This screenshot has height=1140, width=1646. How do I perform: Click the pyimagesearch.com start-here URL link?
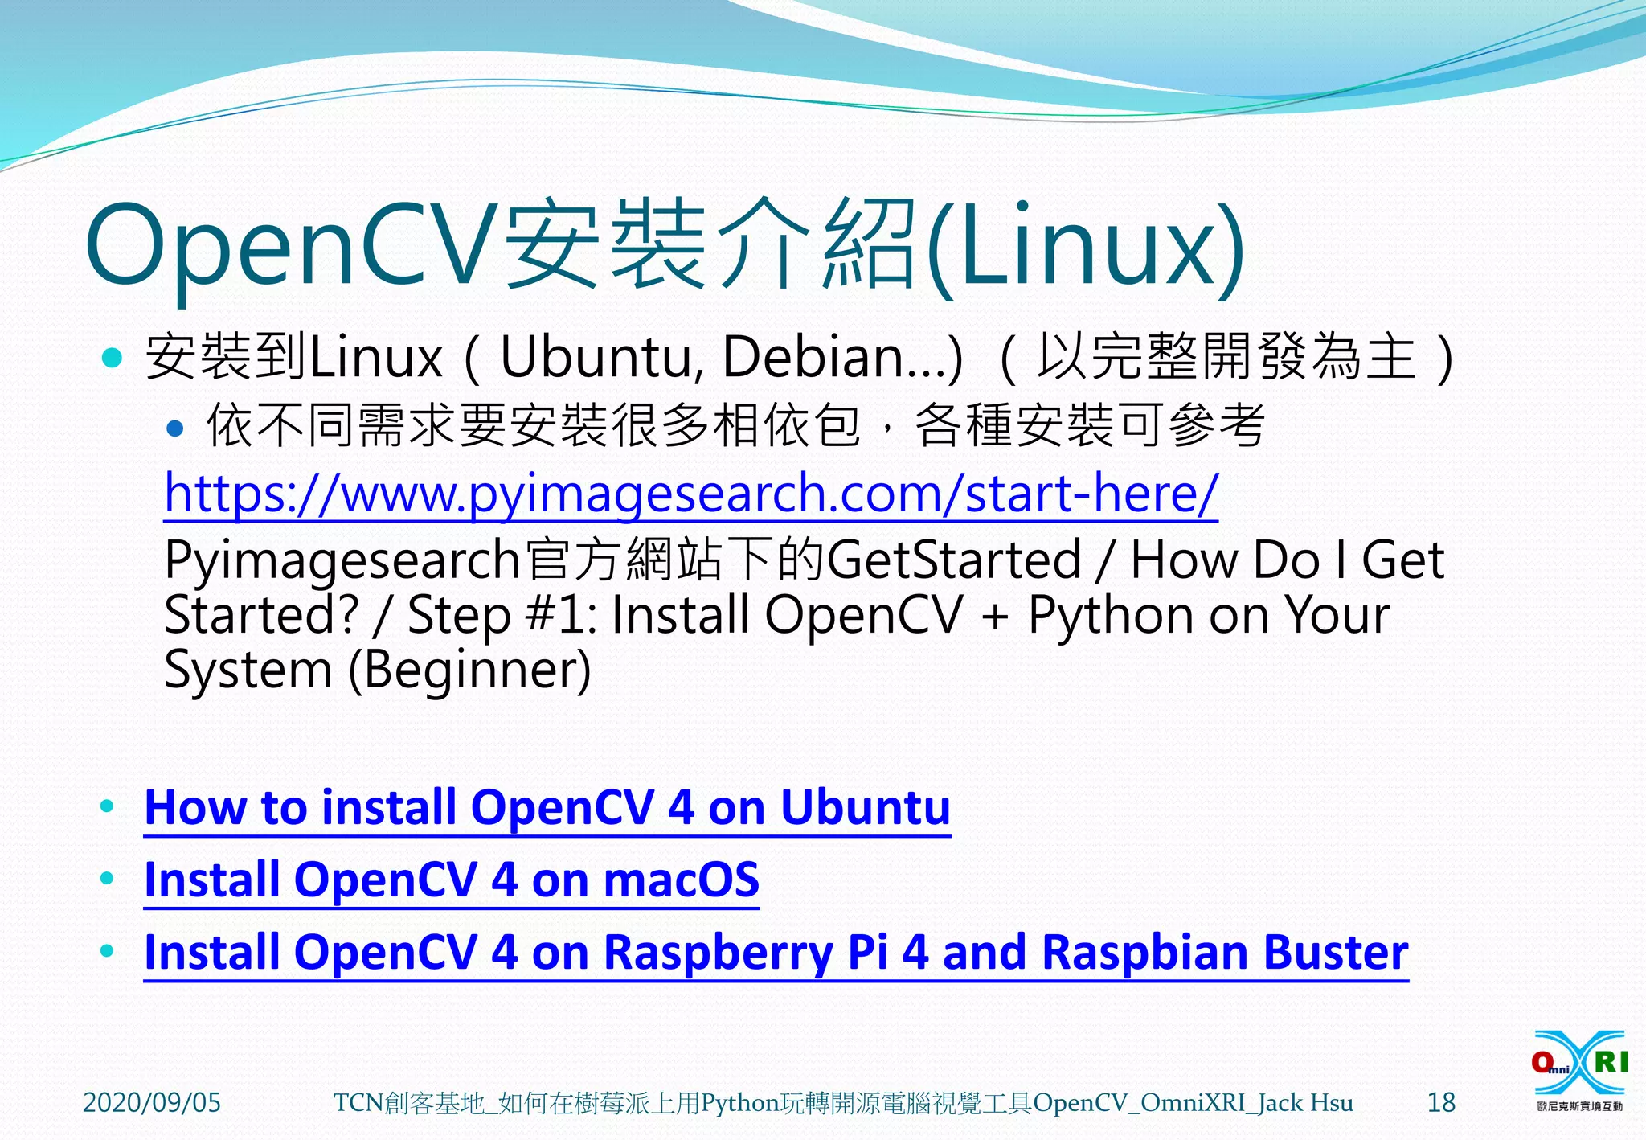click(x=691, y=493)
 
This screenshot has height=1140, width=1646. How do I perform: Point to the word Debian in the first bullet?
click(x=812, y=357)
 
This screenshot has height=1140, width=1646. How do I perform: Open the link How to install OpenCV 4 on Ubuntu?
click(x=547, y=808)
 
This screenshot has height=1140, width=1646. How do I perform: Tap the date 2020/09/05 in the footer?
click(x=152, y=1102)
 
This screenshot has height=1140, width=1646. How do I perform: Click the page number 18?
click(x=1441, y=1102)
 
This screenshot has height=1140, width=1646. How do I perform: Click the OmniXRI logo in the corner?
click(x=1579, y=1069)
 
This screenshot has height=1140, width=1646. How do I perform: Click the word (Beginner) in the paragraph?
click(x=470, y=670)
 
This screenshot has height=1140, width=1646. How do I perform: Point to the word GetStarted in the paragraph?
click(x=954, y=560)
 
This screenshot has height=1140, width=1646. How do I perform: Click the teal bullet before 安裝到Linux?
click(x=113, y=357)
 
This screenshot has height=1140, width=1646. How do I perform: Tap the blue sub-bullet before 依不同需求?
click(x=174, y=428)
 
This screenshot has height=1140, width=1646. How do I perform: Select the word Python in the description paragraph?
click(x=1108, y=616)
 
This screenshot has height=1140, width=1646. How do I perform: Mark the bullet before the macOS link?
click(x=107, y=879)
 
